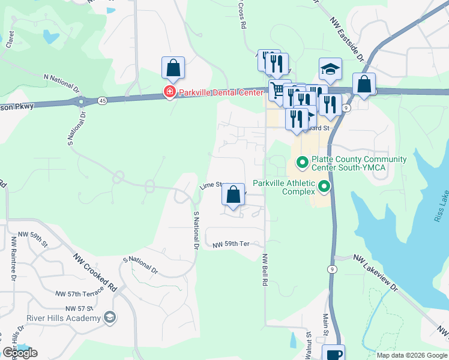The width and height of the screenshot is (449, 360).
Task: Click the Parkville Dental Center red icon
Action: point(170,92)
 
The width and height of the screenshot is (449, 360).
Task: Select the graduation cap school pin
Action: point(330,70)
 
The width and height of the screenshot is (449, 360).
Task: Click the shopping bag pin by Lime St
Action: point(233,195)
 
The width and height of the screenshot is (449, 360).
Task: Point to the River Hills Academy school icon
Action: point(109,317)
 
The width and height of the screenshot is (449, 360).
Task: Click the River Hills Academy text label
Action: point(63,317)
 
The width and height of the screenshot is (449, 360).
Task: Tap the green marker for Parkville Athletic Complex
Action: point(325,187)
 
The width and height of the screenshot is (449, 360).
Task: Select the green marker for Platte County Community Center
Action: point(301,163)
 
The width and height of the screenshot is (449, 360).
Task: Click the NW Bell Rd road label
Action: point(264,269)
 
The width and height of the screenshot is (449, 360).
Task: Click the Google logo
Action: point(19,353)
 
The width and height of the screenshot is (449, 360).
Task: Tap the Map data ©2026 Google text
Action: point(411,355)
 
